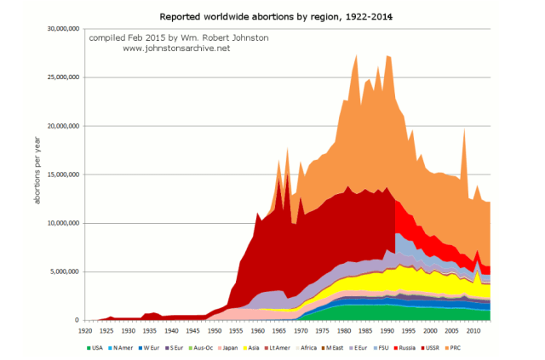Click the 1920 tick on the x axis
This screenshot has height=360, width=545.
[84, 329]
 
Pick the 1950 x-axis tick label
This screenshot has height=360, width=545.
[215, 329]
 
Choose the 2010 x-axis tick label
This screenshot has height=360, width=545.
[475, 329]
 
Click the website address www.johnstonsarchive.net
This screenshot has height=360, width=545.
[175, 49]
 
